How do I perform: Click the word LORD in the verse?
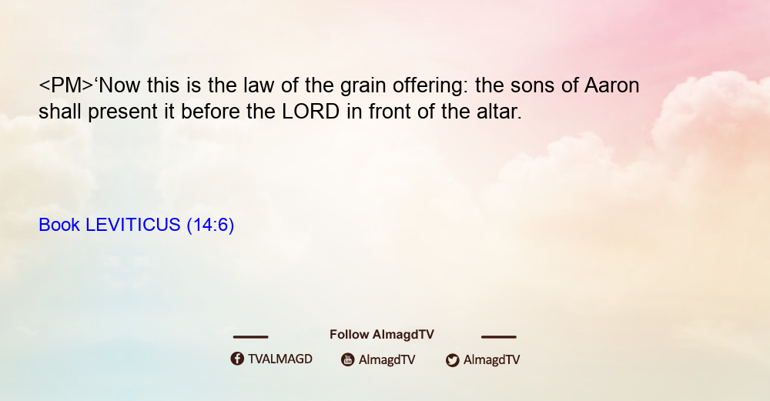coord(311,112)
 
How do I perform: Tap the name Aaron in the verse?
coord(612,85)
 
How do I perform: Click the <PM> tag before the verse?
coord(65,85)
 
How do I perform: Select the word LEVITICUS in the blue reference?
coord(133,225)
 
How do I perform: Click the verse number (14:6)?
coord(211,226)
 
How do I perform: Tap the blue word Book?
coord(59,225)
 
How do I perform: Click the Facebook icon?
coord(237,359)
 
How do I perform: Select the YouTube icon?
coord(348,359)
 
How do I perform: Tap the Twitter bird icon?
coord(452,360)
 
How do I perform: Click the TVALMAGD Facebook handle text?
coord(280,359)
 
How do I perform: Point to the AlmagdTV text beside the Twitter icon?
coord(491,360)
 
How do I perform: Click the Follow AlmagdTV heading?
coord(382,335)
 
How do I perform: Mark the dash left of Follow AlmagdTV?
coord(250,337)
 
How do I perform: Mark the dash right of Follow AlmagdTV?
coord(499,337)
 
